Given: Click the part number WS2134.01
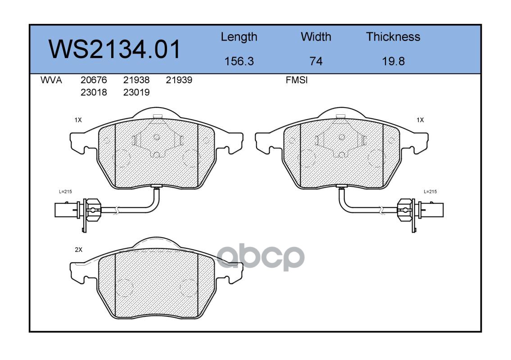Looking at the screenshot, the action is pos(114,49).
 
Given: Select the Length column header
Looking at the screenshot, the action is pos(239,37).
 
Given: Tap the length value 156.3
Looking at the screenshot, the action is pos(239,61).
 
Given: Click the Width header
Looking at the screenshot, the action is pos(316,36).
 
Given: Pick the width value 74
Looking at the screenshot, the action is pos(316,61).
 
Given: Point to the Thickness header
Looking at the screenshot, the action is pos(393,36).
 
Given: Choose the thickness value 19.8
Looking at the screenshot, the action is pos(393,61).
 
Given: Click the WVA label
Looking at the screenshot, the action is pos(51,80).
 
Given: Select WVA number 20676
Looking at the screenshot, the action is pos(94,80).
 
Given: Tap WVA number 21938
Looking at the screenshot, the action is pos(136,80).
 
